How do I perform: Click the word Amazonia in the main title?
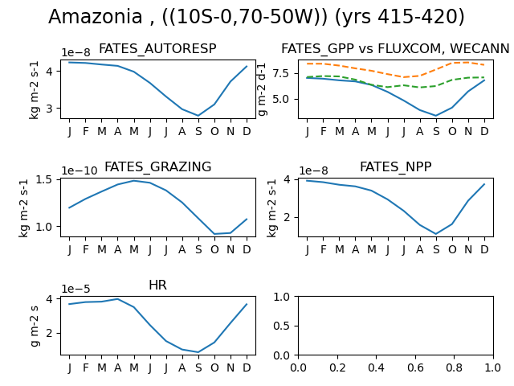tap(95, 16)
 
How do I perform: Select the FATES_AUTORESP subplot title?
tap(157, 48)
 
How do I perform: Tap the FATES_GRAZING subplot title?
tap(157, 166)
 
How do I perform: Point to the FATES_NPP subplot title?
tap(396, 166)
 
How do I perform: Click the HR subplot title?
tap(157, 285)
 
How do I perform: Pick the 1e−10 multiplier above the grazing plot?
tap(80, 170)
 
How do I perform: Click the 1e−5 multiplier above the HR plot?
tap(75, 289)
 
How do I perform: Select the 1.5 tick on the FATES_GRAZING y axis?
tap(46, 180)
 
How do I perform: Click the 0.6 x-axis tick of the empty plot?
tap(415, 368)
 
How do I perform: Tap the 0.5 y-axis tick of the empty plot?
tap(282, 326)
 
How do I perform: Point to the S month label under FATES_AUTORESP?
tap(198, 131)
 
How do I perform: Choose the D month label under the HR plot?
tap(247, 368)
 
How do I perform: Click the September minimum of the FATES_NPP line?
tap(436, 234)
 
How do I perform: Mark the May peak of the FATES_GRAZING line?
tap(134, 180)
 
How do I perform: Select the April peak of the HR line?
tap(118, 299)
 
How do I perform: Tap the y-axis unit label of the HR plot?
tap(35, 326)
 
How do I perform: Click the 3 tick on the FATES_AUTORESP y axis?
tap(49, 109)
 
